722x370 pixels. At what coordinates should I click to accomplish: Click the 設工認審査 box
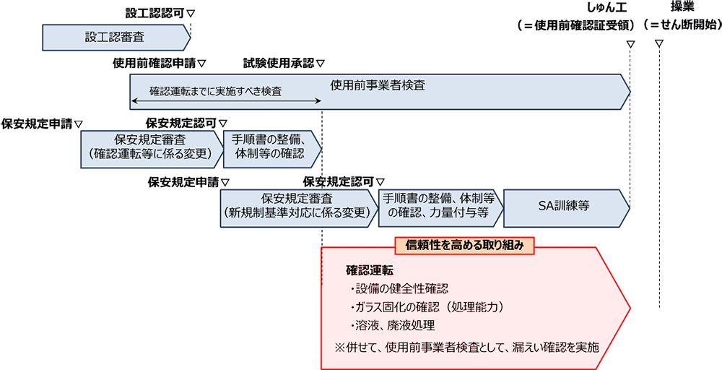(116, 38)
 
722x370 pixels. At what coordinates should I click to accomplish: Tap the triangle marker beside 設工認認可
(191, 13)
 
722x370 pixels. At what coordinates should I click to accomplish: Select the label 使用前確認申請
(155, 63)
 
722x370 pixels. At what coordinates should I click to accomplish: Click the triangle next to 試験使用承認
(321, 63)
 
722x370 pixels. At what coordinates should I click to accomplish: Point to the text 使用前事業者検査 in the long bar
(378, 86)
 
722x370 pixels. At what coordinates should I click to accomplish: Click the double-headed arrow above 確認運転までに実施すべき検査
(225, 100)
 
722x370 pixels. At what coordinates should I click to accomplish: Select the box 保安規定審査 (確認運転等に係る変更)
(152, 149)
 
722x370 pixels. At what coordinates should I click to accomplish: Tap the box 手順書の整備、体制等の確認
(272, 149)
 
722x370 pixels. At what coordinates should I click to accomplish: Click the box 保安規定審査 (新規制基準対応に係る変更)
(298, 208)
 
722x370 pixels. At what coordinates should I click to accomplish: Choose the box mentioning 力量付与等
(440, 208)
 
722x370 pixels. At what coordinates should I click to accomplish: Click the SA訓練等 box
(567, 208)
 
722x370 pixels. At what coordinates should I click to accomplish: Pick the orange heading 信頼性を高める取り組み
(464, 246)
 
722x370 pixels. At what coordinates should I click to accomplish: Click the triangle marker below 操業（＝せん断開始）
(659, 44)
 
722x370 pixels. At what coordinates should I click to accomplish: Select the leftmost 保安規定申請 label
(37, 124)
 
